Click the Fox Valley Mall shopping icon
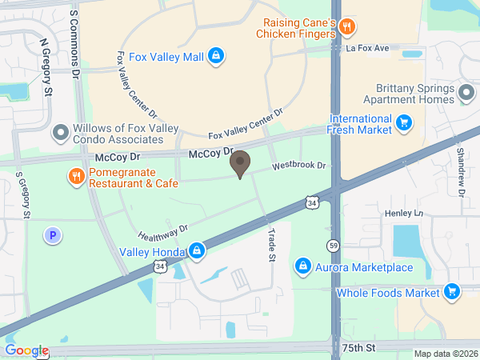coord(214,56)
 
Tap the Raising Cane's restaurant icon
coord(346,26)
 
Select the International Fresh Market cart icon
coord(405,122)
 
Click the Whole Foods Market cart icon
coord(453,292)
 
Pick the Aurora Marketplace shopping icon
coord(302,265)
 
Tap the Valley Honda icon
coord(197,252)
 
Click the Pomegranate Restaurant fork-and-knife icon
coord(76,176)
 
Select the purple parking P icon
coord(52,235)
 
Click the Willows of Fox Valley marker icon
coord(60,132)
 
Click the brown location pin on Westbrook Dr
coord(239,165)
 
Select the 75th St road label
coord(358,348)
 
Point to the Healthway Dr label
coord(162,233)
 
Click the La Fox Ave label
coord(367,49)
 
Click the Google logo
coord(26,350)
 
